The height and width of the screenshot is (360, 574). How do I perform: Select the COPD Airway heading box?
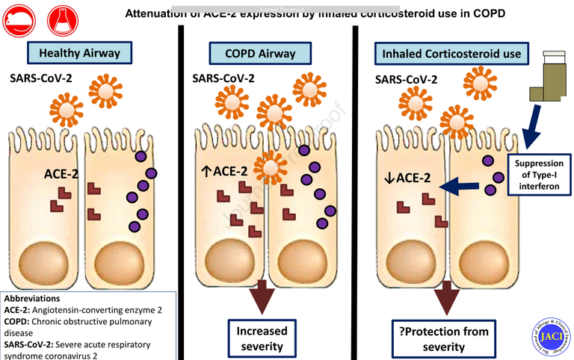pyautogui.click(x=259, y=53)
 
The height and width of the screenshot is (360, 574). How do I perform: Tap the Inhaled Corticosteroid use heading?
pyautogui.click(x=451, y=54)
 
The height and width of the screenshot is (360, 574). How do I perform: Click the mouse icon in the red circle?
pyautogui.click(x=19, y=19)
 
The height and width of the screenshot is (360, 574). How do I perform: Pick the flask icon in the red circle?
pyautogui.click(x=61, y=19)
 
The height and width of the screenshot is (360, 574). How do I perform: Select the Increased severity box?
pyautogui.click(x=261, y=337)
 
